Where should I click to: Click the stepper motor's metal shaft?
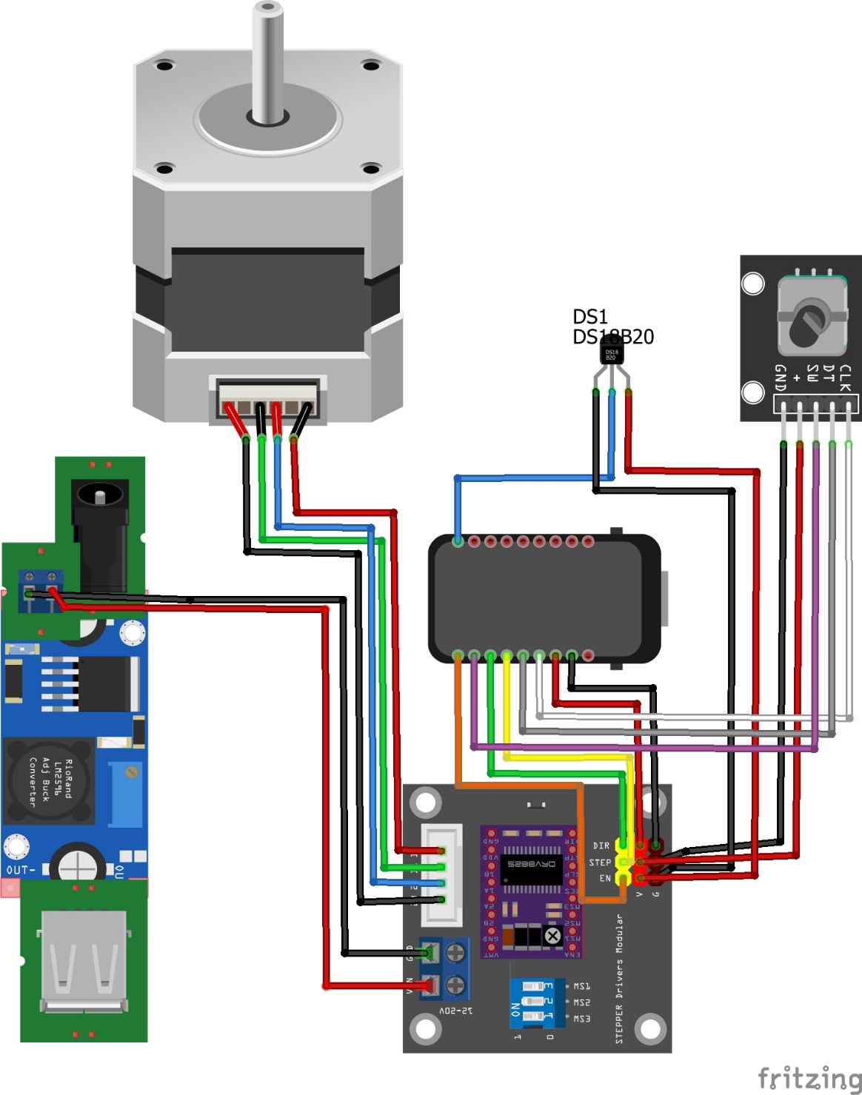(267, 59)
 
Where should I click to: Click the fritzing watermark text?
(809, 1078)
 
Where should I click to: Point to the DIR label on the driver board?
(601, 845)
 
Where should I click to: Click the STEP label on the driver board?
(600, 863)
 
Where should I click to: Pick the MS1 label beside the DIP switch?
(582, 986)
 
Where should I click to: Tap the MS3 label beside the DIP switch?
(582, 1019)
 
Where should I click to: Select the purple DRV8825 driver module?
(530, 892)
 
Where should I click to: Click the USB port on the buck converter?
(84, 962)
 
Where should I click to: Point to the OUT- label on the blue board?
(21, 870)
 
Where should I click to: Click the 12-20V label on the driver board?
(455, 1010)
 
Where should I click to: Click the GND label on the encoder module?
(780, 378)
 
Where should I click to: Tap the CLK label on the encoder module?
(845, 378)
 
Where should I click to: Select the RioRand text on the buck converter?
(68, 778)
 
